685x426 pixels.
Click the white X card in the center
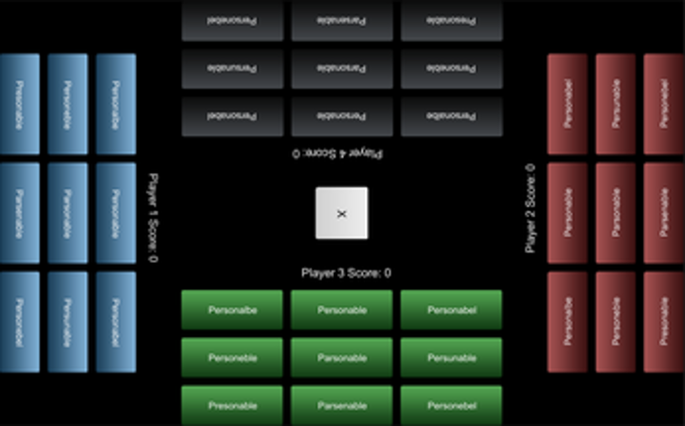[341, 213]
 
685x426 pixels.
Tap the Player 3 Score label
[346, 272]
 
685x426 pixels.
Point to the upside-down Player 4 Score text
[338, 154]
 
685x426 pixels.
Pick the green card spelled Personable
[341, 310]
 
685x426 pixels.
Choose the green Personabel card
[451, 310]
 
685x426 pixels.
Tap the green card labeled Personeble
[232, 358]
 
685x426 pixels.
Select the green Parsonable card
[341, 358]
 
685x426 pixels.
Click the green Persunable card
[451, 358]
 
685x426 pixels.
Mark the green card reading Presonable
[232, 405]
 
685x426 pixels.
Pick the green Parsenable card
[341, 405]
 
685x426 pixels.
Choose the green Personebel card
[451, 405]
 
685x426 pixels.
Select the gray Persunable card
[232, 68]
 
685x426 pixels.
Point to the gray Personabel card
[232, 116]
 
